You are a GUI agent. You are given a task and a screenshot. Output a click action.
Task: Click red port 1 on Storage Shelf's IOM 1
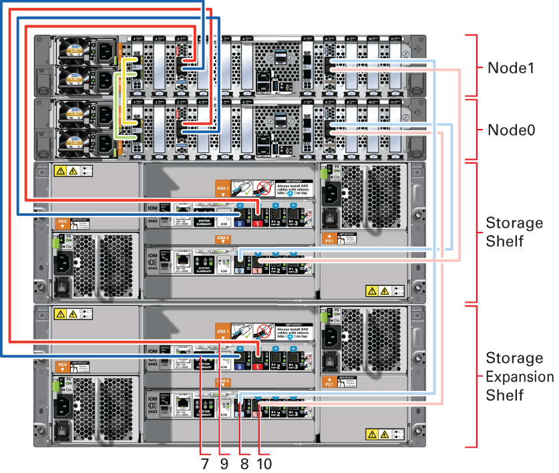257,216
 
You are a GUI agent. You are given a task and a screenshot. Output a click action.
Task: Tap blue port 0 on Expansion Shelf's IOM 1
238,363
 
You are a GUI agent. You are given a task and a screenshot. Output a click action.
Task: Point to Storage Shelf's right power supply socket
329,194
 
